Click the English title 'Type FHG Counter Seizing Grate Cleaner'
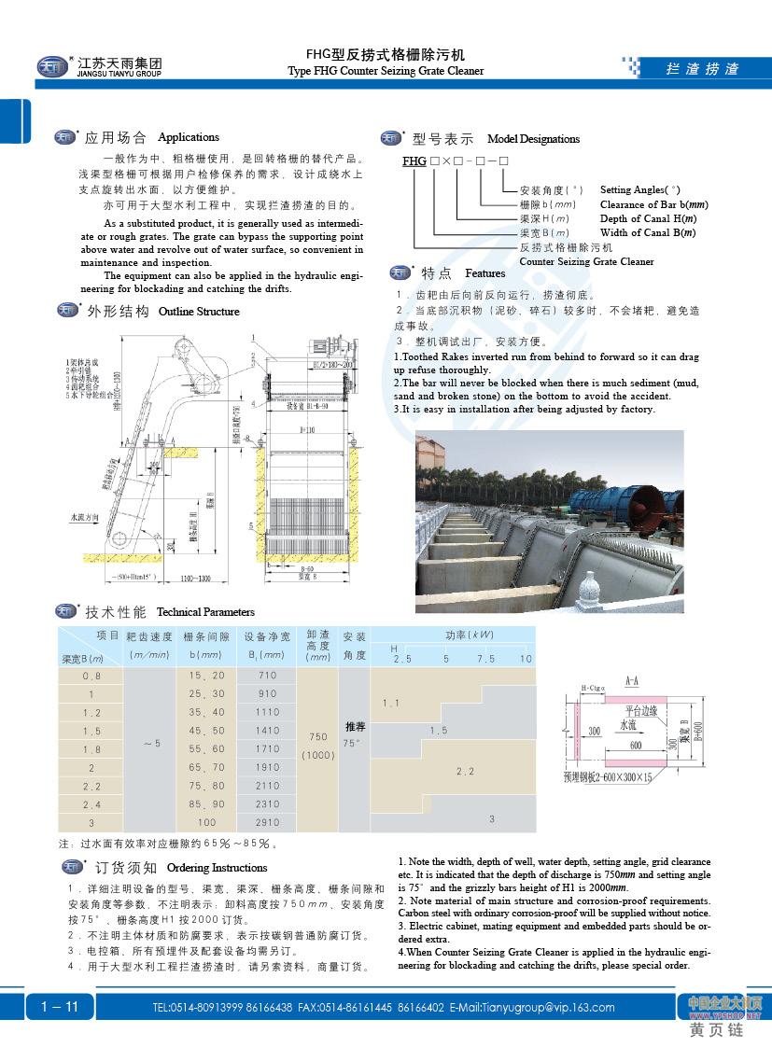[386, 71]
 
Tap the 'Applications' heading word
[189, 137]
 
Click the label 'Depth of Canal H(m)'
[647, 218]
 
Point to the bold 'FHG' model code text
[414, 161]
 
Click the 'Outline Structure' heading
[199, 311]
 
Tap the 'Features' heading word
[484, 273]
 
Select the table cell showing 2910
[268, 822]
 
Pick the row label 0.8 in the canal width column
[92, 675]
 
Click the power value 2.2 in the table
[465, 771]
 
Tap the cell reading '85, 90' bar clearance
[206, 803]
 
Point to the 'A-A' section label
[631, 680]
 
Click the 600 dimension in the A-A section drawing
[635, 745]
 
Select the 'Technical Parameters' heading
[205, 612]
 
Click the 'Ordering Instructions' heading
[217, 868]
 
